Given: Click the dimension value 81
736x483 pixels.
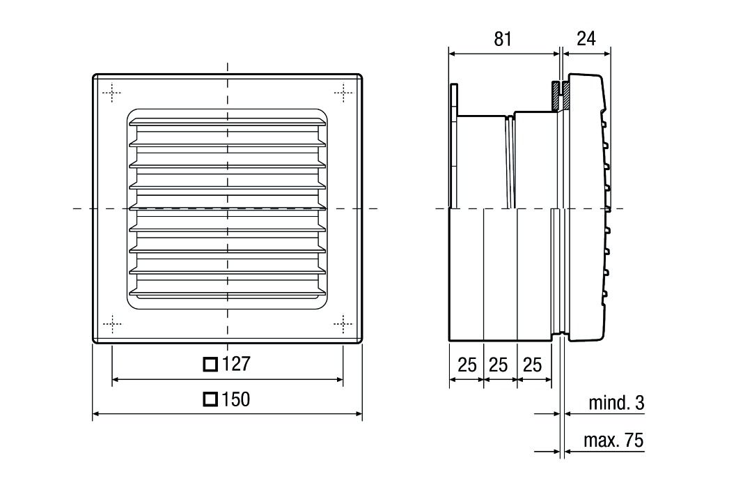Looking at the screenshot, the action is point(502,39).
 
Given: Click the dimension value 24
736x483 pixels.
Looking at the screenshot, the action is point(586,38).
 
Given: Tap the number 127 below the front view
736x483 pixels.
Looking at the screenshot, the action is point(236,364).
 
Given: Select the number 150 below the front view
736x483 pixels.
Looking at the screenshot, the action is point(236,399).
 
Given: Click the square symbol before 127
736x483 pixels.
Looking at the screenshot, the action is point(210,365).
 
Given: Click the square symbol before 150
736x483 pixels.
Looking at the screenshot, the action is point(210,399).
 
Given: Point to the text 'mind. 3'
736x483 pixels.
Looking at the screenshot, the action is point(617,403).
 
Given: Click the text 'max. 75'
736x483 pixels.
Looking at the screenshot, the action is point(613,440).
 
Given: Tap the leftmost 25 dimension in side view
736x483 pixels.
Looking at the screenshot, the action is point(467,365).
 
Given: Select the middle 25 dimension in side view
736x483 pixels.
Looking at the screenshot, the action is point(499,365).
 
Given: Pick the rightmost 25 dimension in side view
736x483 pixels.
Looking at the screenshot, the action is point(532,365).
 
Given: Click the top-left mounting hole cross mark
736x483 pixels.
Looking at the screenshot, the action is point(111,93).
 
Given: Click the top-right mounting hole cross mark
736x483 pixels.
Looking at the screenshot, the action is point(343,93).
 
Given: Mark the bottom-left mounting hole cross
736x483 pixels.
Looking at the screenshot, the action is point(111,323).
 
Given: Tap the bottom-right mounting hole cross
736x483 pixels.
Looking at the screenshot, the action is point(343,323).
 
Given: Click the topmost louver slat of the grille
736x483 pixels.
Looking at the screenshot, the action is point(227,122).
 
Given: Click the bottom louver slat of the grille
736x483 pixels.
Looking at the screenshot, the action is point(227,292).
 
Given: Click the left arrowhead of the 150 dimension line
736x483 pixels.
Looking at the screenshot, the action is point(96,414).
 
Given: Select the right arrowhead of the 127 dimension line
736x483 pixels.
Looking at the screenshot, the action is point(339,379).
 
